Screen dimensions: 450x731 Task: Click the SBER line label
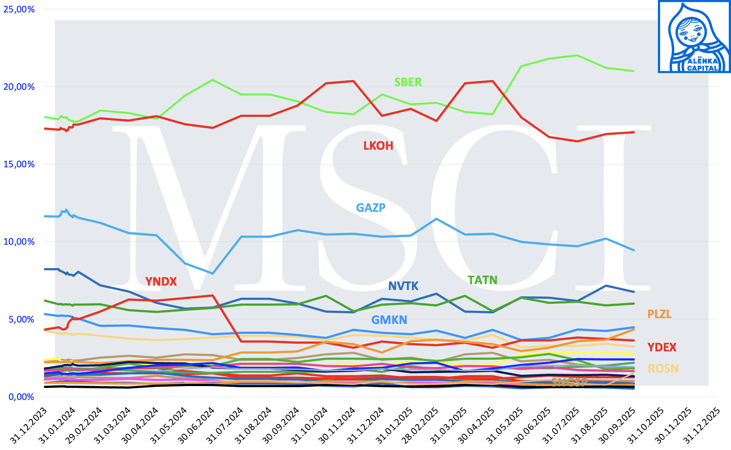point(408,82)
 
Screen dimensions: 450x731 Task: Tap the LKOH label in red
point(378,146)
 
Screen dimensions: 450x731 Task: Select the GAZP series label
point(371,207)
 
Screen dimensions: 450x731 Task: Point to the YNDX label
point(161,282)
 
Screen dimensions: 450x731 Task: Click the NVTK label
point(403,286)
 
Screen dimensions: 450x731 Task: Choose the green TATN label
point(482,280)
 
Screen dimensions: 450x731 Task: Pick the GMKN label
point(389,320)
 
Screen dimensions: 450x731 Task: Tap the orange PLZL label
point(659,314)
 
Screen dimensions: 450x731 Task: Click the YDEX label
point(662,347)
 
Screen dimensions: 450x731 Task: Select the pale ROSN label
point(663,369)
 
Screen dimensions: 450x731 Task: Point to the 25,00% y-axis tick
point(19,9)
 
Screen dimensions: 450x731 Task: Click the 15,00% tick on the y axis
point(19,164)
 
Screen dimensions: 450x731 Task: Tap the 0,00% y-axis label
point(21,397)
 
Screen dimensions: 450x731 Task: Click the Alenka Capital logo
point(694,37)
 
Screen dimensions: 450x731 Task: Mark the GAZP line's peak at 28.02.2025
point(436,219)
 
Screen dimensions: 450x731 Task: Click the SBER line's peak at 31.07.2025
point(577,56)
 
